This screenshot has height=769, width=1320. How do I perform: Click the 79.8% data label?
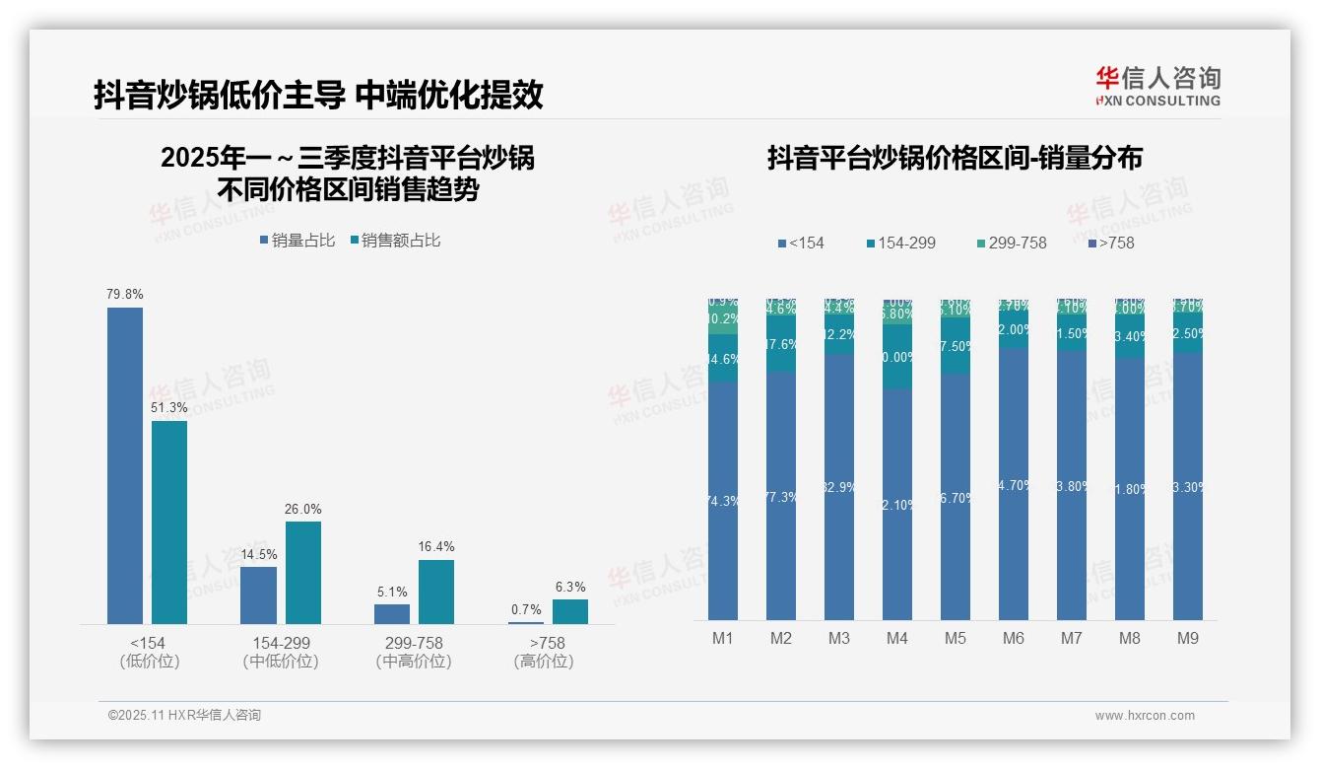click(125, 294)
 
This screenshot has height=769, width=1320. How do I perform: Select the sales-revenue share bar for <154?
click(169, 522)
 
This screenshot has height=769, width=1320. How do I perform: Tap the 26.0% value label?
click(303, 509)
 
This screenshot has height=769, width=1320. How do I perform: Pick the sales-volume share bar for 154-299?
click(258, 594)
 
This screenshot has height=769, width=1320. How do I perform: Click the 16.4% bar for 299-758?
click(436, 592)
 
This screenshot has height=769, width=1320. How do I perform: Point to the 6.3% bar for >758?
click(570, 611)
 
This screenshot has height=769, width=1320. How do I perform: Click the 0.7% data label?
click(526, 609)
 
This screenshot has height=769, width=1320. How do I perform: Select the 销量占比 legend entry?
click(297, 241)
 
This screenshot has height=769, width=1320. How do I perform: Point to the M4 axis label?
click(896, 638)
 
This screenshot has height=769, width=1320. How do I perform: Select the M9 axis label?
click(1188, 638)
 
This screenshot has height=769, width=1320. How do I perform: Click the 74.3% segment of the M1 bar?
click(722, 501)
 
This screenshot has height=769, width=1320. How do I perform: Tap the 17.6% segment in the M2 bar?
click(780, 344)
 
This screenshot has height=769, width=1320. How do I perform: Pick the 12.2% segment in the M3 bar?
click(838, 334)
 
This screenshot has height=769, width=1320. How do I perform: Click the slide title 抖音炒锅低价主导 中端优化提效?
click(318, 95)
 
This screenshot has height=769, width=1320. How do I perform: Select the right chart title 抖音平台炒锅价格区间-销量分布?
click(955, 158)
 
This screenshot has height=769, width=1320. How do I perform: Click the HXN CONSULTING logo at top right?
click(1157, 86)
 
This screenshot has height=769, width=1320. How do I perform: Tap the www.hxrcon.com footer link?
click(1145, 716)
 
